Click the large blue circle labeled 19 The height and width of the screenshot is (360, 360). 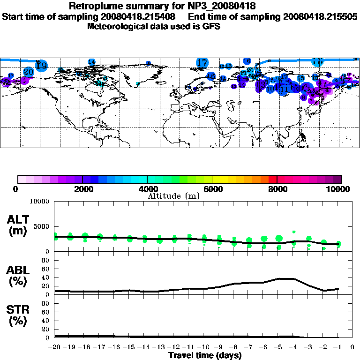click(41, 66)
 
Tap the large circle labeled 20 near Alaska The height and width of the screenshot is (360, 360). click(29, 72)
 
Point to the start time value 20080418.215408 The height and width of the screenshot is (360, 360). click(139, 16)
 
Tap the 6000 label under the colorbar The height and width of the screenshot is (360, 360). click(212, 189)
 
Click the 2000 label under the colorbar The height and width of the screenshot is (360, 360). click(82, 189)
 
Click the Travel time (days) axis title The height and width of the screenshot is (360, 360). click(205, 355)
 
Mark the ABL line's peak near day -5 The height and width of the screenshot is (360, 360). click(286, 278)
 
